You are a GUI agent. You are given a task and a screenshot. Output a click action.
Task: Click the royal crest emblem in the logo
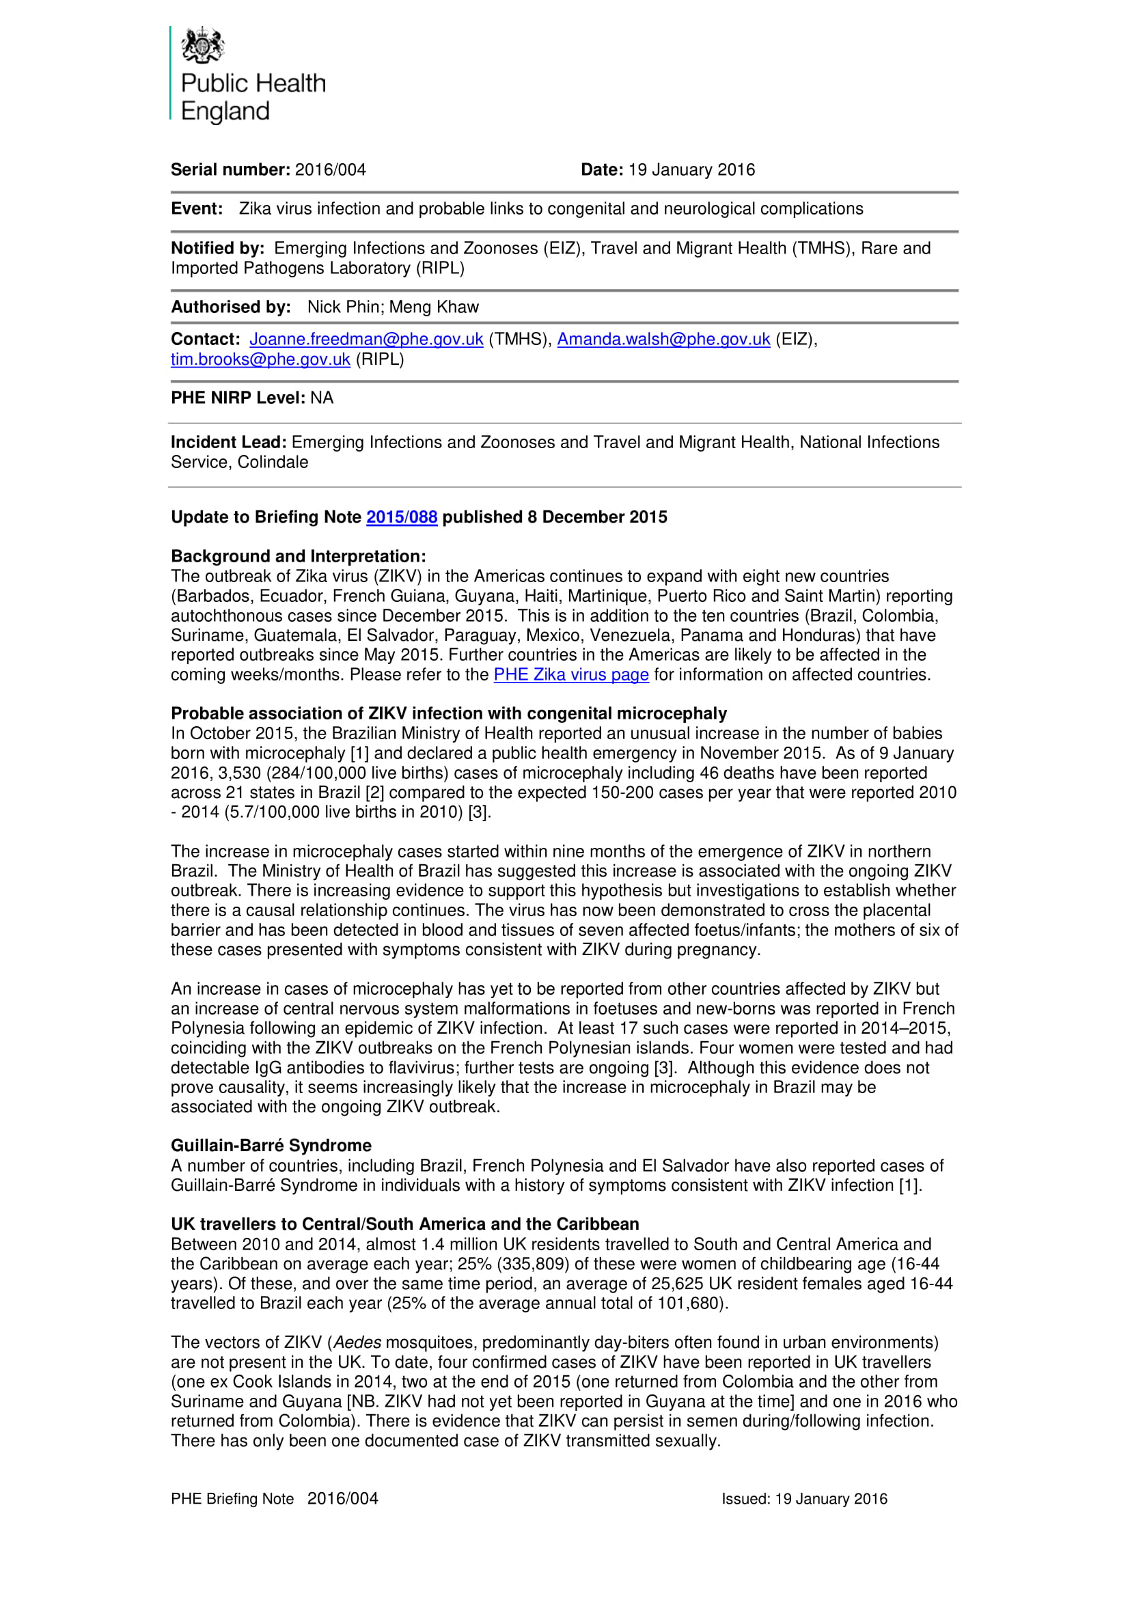point(202,45)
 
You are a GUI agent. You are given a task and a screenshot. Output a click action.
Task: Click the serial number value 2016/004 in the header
point(330,170)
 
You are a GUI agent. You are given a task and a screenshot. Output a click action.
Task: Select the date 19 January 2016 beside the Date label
point(691,170)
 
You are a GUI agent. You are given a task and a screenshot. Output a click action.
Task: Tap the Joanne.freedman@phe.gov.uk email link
point(366,340)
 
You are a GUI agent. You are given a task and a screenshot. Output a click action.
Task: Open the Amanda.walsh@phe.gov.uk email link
point(663,340)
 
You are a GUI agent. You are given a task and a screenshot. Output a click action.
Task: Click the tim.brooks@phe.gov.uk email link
point(260,360)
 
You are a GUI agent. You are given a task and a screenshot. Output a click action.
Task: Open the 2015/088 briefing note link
point(402,517)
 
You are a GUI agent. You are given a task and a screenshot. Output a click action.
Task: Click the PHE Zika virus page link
point(570,675)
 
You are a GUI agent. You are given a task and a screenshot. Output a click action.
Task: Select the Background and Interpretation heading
point(298,557)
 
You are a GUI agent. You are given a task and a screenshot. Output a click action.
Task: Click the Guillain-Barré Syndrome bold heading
point(271,1146)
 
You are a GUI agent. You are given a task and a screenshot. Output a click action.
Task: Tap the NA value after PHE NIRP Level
point(322,398)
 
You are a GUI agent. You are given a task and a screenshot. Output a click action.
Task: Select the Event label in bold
point(197,210)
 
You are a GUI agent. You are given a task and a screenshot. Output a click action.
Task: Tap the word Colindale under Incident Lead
point(273,463)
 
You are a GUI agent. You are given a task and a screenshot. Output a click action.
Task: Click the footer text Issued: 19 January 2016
point(803,1499)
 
